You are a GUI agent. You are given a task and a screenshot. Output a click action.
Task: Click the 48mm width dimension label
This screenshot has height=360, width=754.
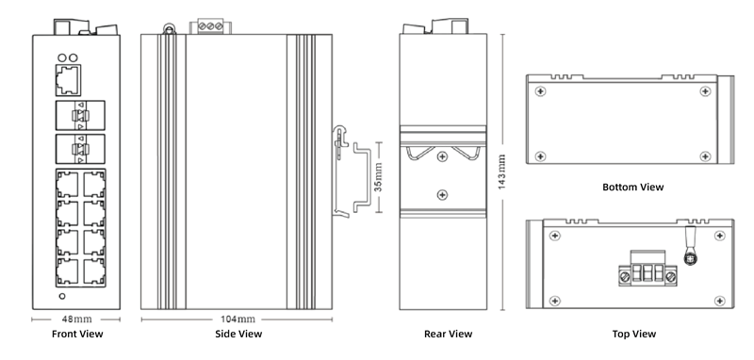[x=77, y=319]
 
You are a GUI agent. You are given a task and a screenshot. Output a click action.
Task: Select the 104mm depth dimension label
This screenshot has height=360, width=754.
[x=238, y=319]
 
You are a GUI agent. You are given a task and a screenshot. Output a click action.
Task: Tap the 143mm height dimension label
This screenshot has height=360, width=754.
[x=501, y=172]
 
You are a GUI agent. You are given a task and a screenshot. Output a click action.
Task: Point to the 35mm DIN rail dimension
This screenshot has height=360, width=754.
[x=379, y=177]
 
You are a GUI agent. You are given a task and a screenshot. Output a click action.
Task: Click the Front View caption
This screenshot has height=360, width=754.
[x=77, y=334]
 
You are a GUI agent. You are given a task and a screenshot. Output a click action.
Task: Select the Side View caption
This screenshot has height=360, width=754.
[x=238, y=334]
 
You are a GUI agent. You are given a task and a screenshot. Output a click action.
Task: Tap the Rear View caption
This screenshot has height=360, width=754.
[x=449, y=334]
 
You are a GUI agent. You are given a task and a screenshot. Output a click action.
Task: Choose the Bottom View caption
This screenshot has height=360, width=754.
[x=632, y=187]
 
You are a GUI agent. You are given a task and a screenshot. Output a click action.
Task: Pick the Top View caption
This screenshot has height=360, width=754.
[x=633, y=334]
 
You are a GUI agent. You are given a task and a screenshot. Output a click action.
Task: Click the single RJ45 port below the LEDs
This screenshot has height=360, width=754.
[x=68, y=80]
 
